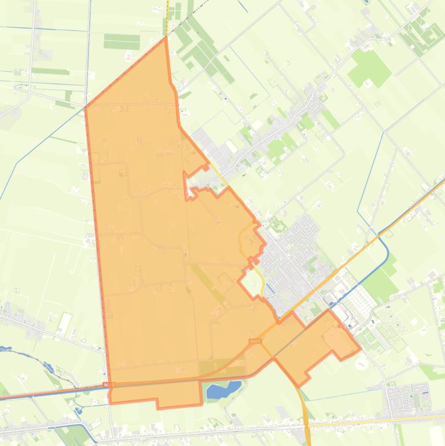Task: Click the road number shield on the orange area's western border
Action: coord(109,384)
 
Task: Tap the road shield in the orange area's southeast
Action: coord(255,342)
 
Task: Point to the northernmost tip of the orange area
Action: coord(166,37)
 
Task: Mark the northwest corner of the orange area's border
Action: coord(86,107)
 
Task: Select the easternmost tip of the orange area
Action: coord(360,349)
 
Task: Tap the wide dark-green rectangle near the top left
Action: coord(122,41)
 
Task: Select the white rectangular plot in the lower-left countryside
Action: coord(65,321)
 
